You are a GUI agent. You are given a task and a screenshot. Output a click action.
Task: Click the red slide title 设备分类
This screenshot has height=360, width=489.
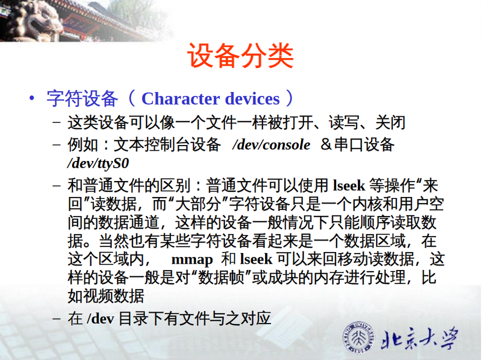(x=240, y=56)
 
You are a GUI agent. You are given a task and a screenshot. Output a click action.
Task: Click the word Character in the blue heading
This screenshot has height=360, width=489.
(x=181, y=99)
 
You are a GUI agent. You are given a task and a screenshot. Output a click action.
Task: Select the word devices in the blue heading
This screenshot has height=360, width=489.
(x=252, y=99)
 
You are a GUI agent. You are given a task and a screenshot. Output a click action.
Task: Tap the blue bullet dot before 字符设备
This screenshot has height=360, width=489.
(x=31, y=99)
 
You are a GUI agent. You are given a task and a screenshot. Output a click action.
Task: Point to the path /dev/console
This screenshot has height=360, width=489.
(x=271, y=145)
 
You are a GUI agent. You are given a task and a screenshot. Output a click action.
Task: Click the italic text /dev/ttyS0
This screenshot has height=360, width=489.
(x=98, y=163)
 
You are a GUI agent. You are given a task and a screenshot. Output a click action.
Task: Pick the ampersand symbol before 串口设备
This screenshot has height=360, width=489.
(x=326, y=145)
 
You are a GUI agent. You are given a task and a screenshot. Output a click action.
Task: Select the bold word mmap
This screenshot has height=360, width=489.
(x=192, y=260)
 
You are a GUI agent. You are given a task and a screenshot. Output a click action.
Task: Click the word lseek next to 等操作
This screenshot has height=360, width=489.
(x=349, y=186)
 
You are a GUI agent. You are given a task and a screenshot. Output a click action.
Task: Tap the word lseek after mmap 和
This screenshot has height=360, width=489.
(x=257, y=259)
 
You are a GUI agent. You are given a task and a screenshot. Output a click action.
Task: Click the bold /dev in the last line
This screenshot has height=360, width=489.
(x=100, y=318)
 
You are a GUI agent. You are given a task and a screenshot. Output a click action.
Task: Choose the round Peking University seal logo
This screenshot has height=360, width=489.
(x=359, y=337)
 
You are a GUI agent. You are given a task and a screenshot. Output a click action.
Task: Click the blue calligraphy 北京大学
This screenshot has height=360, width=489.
(x=420, y=338)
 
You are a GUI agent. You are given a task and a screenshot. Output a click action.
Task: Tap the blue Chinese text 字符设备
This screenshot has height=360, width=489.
(x=82, y=99)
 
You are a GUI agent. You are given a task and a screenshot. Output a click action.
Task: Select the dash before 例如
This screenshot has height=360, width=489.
(x=57, y=145)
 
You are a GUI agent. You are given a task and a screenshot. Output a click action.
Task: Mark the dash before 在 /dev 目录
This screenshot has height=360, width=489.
(x=57, y=318)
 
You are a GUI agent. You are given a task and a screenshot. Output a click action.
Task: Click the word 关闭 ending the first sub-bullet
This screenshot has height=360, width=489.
(x=390, y=122)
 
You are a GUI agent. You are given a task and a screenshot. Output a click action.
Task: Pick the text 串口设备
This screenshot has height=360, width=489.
(x=364, y=145)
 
